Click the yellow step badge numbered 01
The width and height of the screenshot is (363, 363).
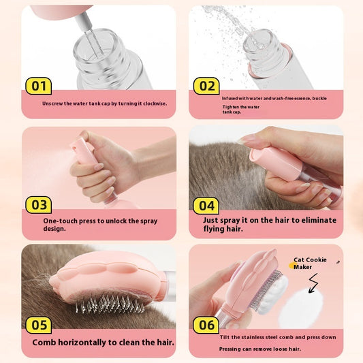(x=39, y=86)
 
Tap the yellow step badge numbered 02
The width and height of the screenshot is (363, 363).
(x=206, y=86)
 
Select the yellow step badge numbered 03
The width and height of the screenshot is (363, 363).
(x=39, y=204)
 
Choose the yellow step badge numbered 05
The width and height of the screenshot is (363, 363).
(x=39, y=325)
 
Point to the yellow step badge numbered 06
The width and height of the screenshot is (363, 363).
(x=206, y=325)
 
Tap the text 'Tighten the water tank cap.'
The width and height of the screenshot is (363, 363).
(x=242, y=109)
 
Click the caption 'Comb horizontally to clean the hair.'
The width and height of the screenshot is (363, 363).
(x=103, y=343)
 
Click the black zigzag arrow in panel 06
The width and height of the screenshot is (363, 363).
(x=315, y=283)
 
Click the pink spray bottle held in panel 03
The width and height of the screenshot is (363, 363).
(x=85, y=151)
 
